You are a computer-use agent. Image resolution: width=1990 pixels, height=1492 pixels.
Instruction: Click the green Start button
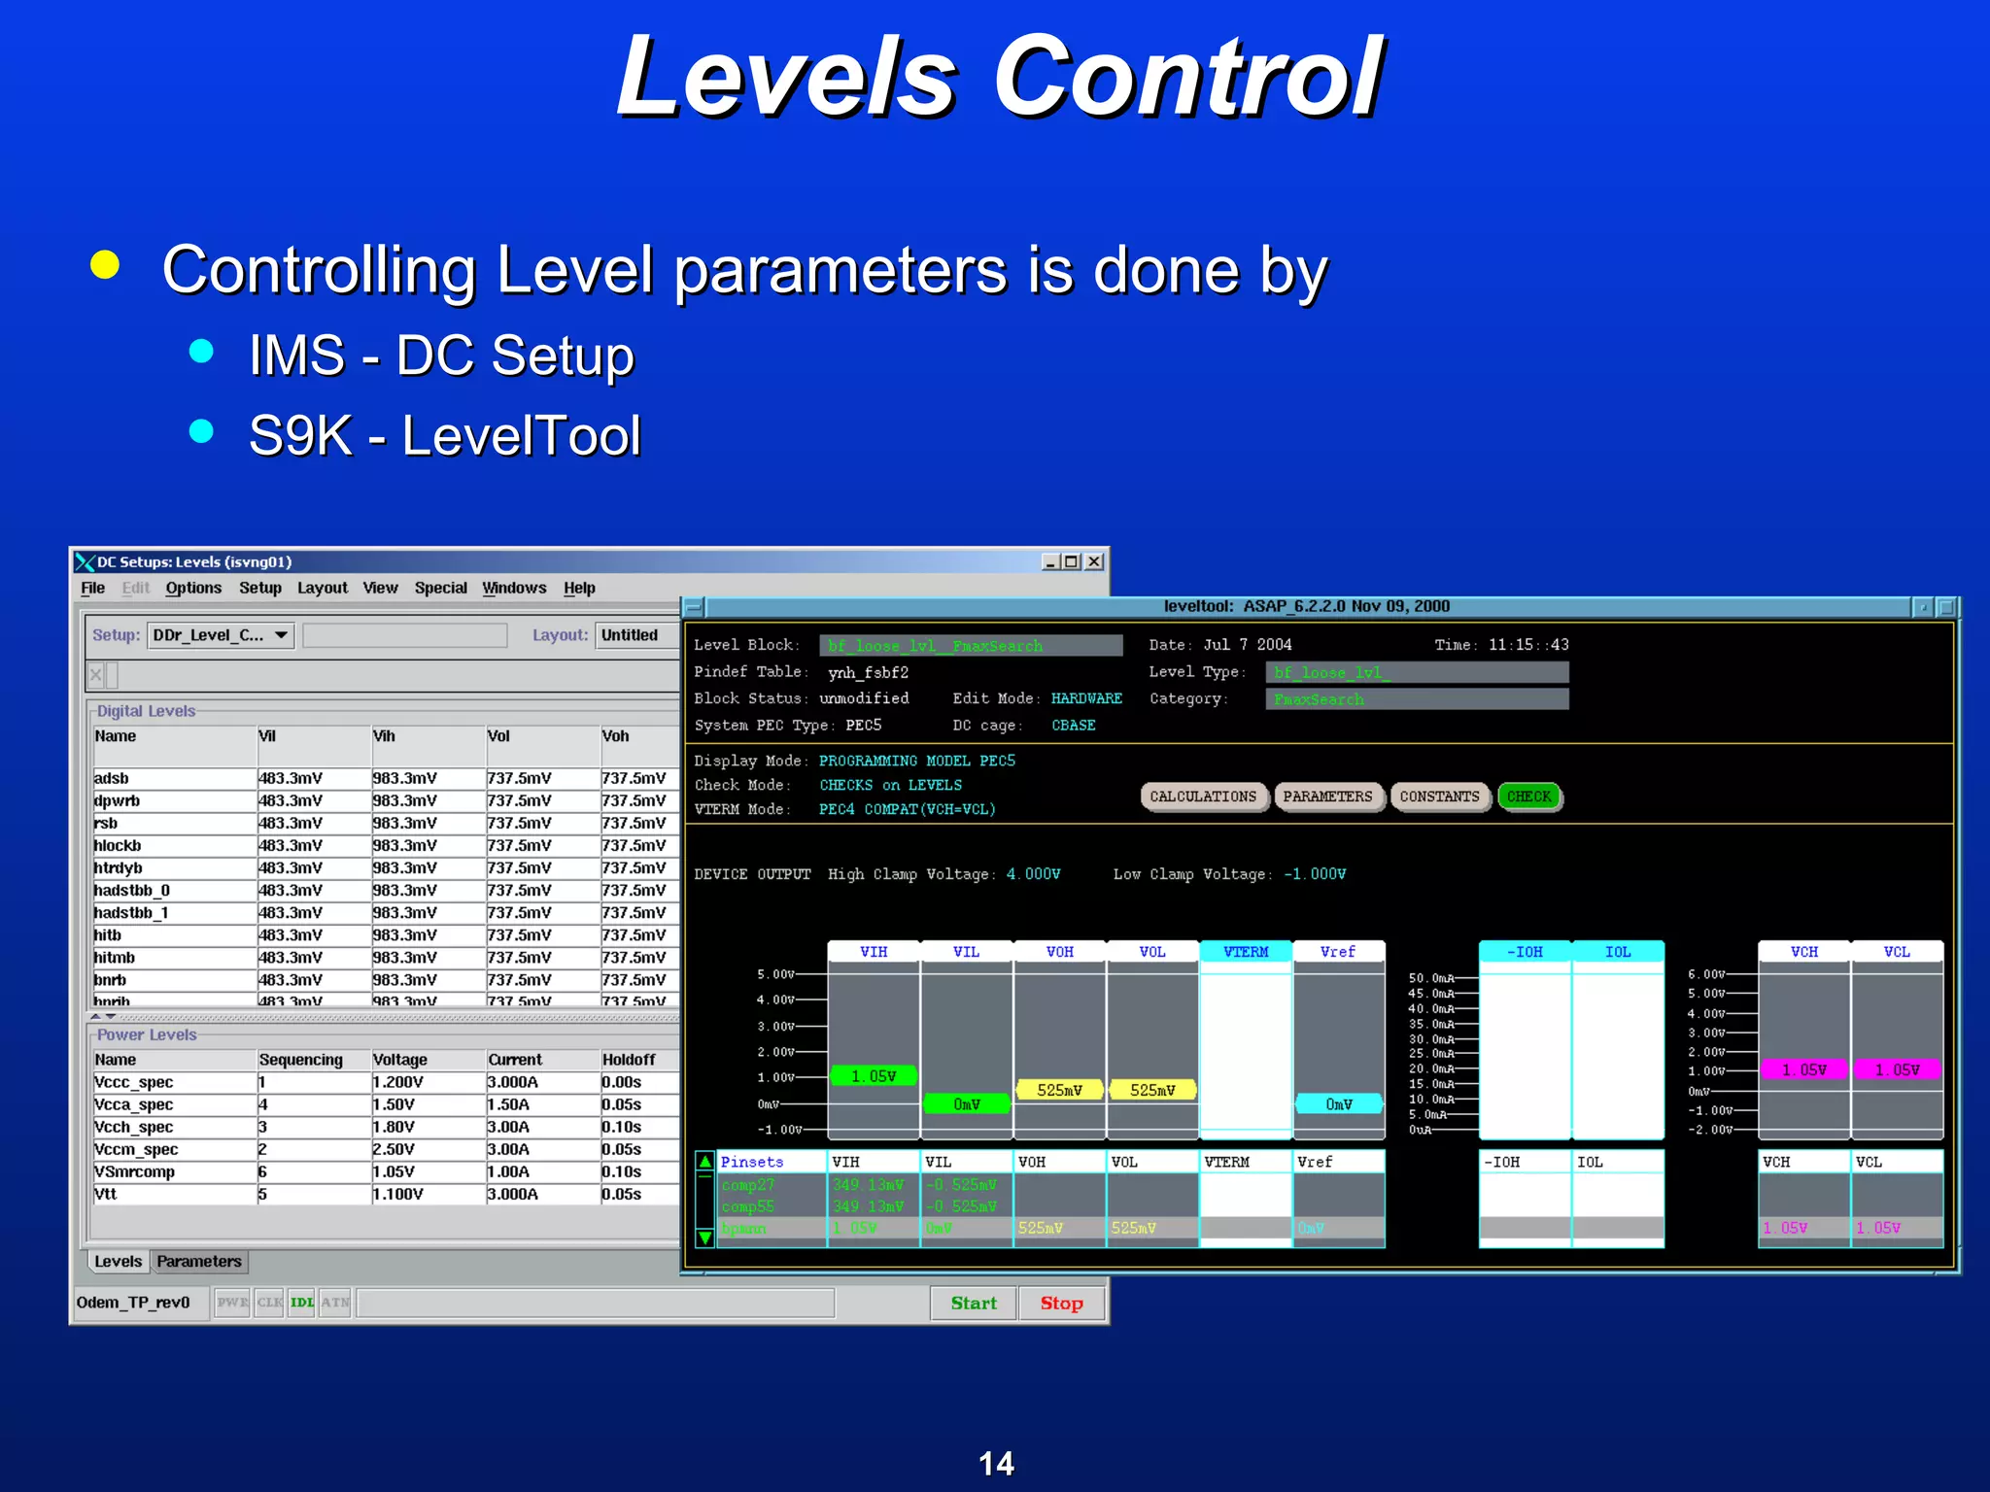pos(974,1303)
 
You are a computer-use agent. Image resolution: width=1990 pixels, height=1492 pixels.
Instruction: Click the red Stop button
pos(1061,1303)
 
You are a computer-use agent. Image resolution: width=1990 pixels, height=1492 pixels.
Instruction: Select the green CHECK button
pos(1528,797)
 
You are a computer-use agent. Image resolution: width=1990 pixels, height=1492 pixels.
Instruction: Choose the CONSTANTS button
pos(1439,797)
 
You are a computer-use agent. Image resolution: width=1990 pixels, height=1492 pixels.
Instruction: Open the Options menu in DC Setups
pos(193,588)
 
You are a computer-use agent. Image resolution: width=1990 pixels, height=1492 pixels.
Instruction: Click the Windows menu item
pos(514,588)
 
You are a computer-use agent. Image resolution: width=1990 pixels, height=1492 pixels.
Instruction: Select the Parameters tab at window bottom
pos(199,1261)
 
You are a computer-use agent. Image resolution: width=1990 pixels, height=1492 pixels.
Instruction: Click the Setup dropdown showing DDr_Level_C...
pos(221,635)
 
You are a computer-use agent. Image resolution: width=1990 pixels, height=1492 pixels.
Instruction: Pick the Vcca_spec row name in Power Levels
pos(134,1104)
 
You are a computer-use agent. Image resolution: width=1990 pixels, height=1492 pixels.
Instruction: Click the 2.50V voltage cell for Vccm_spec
pos(395,1149)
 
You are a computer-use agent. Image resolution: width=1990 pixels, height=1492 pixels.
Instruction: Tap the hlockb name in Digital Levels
pos(118,845)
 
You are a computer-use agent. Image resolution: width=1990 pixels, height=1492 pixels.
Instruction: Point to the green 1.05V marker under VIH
pos(874,1075)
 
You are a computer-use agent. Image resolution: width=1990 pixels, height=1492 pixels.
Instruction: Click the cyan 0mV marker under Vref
pos(1338,1103)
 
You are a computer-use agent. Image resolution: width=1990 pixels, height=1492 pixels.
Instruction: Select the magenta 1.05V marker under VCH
pos(1803,1069)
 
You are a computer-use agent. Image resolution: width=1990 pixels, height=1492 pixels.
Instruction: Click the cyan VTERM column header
pos(1246,952)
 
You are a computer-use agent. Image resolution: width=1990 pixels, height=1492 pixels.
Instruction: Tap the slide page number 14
pos(996,1463)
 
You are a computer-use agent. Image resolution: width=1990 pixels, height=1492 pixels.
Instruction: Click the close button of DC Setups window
pos(1094,561)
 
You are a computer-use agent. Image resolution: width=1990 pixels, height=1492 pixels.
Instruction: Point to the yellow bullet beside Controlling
pos(105,265)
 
